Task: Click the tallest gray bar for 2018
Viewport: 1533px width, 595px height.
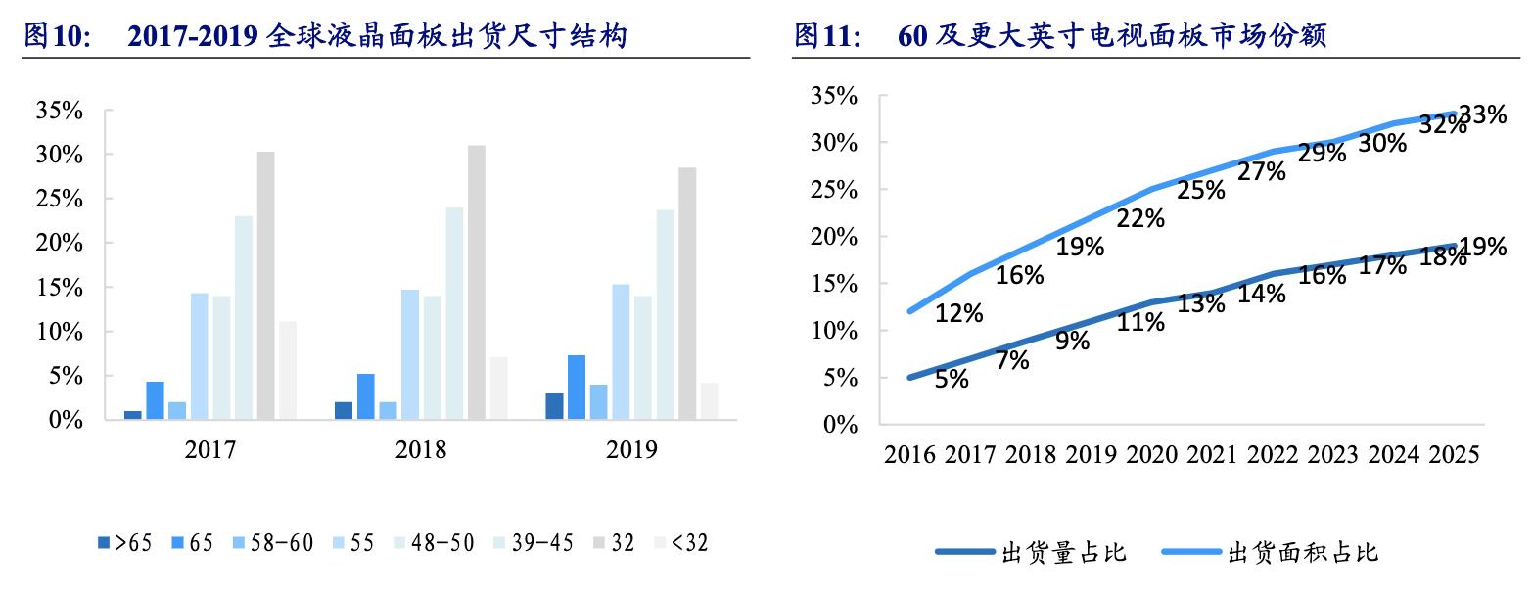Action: [x=477, y=283]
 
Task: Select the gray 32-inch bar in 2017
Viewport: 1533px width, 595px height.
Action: [x=265, y=286]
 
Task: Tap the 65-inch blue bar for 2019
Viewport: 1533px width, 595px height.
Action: [x=577, y=388]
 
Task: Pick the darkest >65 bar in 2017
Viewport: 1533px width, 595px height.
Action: [x=133, y=415]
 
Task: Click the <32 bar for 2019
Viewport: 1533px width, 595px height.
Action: [x=710, y=401]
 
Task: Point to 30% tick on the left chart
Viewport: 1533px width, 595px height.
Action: [x=60, y=155]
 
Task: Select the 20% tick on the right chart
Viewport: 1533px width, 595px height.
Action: [x=834, y=237]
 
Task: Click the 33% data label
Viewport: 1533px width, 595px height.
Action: [x=1482, y=115]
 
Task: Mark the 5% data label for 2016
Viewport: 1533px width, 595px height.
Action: [x=952, y=379]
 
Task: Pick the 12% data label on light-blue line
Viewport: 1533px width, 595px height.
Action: [x=959, y=313]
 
